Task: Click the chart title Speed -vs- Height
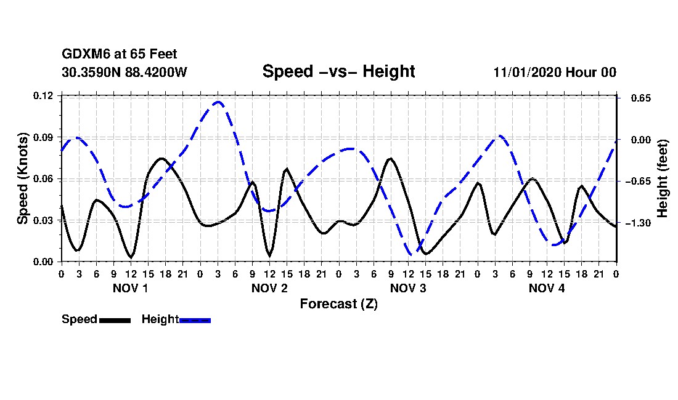pyautogui.click(x=338, y=71)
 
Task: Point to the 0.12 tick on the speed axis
pyautogui.click(x=44, y=95)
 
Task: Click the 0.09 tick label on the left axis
pyautogui.click(x=44, y=137)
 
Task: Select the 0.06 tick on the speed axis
pyautogui.click(x=44, y=179)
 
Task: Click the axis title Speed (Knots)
pyautogui.click(x=23, y=178)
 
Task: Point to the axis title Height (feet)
pyautogui.click(x=663, y=178)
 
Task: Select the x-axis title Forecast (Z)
pyautogui.click(x=338, y=304)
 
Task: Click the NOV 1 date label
pyautogui.click(x=130, y=288)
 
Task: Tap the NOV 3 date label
pyautogui.click(x=408, y=288)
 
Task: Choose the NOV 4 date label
pyautogui.click(x=547, y=288)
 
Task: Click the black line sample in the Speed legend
pyautogui.click(x=115, y=320)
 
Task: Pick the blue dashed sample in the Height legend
pyautogui.click(x=195, y=320)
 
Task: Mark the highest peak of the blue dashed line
pyautogui.click(x=218, y=102)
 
